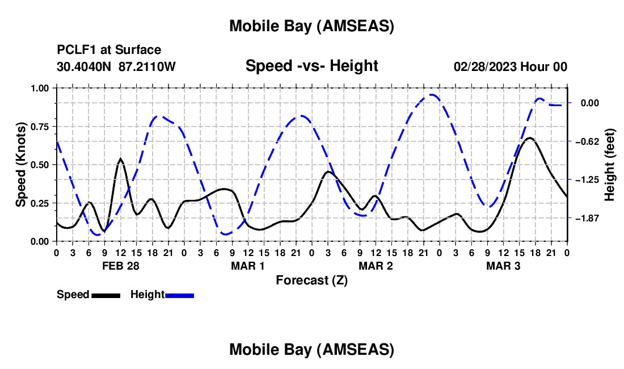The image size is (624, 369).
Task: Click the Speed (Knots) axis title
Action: click(x=21, y=165)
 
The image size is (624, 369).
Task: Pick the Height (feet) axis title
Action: click(x=610, y=165)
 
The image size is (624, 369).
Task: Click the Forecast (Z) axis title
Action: click(x=311, y=280)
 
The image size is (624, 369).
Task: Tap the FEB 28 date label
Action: click(x=120, y=266)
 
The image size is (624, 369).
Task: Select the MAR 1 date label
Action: click(x=248, y=266)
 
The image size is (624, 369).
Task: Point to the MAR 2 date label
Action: click(x=376, y=266)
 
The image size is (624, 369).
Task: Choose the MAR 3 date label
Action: click(x=503, y=266)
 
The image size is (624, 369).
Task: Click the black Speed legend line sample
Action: click(x=106, y=295)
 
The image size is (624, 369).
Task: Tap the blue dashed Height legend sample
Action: click(x=180, y=295)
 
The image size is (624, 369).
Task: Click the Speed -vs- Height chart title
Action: click(x=311, y=66)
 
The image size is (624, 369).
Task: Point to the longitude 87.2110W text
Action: click(x=147, y=66)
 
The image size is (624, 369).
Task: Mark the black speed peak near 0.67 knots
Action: click(x=529, y=138)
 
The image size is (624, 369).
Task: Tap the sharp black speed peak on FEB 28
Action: click(x=120, y=159)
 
